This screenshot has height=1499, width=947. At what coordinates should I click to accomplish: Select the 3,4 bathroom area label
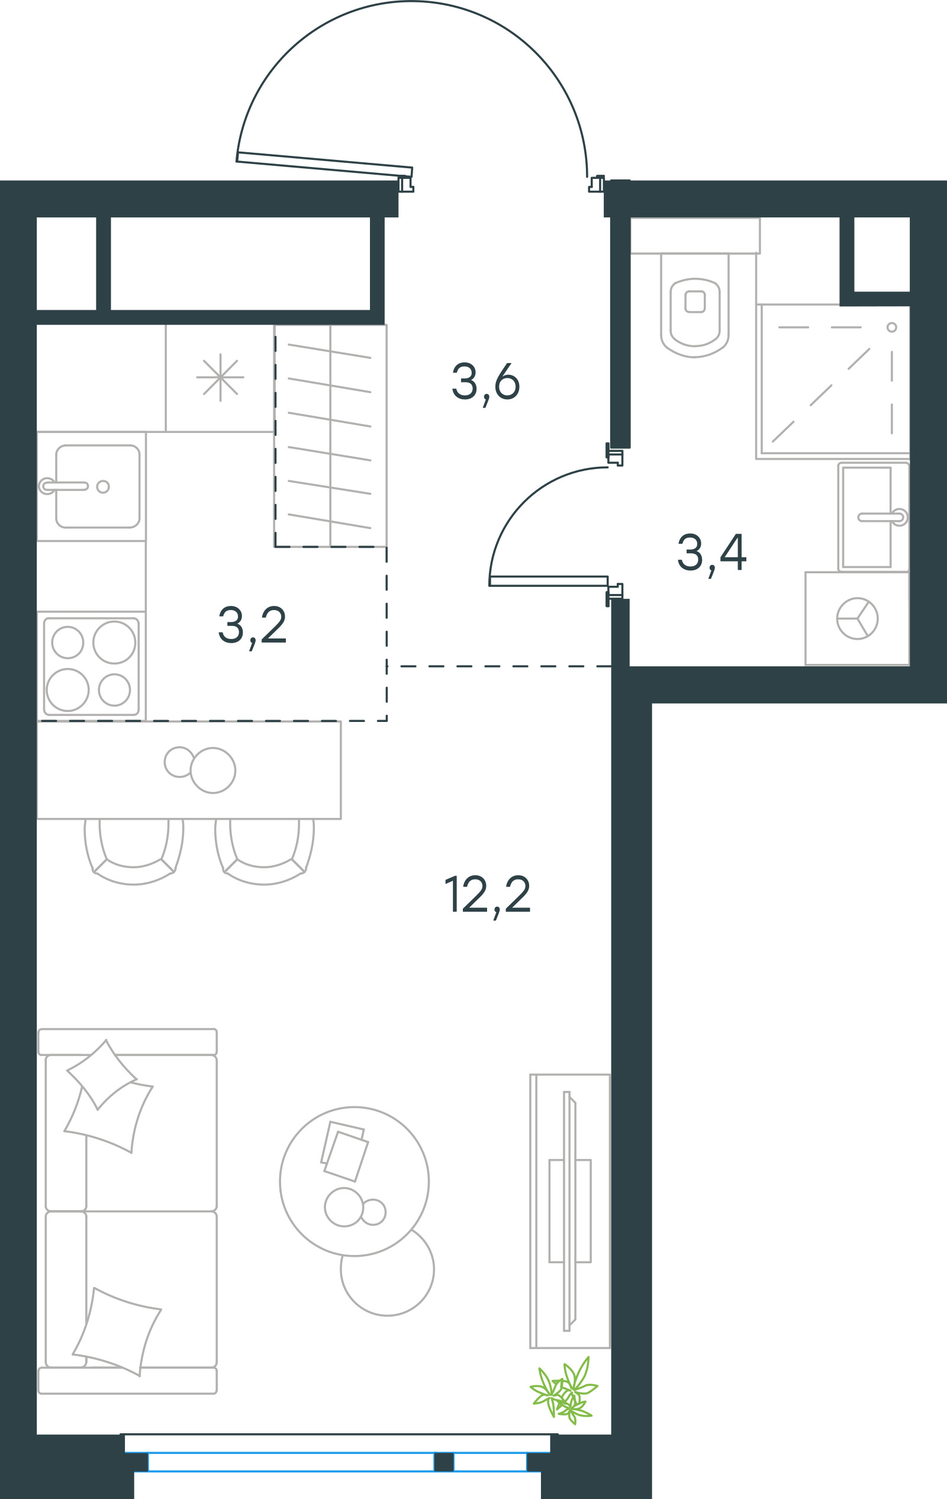(712, 554)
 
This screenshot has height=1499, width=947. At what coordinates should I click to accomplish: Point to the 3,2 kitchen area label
(252, 626)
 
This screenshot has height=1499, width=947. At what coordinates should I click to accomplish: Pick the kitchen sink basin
(98, 486)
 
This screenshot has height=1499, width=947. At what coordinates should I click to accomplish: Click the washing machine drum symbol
(857, 619)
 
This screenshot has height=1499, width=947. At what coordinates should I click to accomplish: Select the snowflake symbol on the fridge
(220, 377)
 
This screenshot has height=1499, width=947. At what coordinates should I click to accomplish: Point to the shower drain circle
(891, 328)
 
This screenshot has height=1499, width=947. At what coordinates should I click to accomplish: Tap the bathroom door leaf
(548, 582)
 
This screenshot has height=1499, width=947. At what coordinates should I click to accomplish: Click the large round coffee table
(354, 1182)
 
